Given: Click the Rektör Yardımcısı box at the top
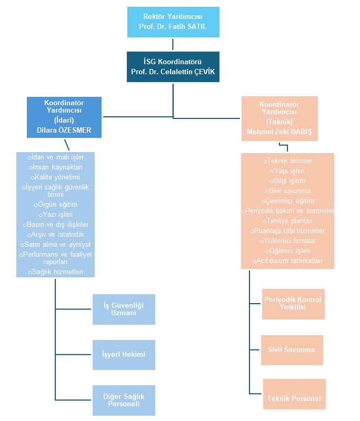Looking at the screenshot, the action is click(173, 22).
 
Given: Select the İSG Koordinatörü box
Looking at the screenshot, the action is click(173, 67).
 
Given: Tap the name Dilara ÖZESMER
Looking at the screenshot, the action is click(64, 130).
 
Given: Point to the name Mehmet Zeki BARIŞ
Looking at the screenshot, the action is click(279, 132).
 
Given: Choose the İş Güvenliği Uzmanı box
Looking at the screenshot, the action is click(124, 309).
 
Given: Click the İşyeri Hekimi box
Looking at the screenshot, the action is click(124, 355).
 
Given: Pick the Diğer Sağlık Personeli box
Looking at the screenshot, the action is click(124, 400).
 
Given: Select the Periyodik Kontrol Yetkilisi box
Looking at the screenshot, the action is click(293, 304).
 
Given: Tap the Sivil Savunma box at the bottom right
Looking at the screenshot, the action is click(292, 350).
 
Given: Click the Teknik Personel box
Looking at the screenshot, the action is click(294, 394).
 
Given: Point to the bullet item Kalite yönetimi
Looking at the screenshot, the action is click(55, 177).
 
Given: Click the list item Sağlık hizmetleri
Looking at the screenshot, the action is click(56, 272).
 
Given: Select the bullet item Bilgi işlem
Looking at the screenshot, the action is click(287, 181).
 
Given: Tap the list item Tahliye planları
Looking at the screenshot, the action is click(287, 221).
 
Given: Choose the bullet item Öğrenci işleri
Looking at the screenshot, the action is click(287, 251).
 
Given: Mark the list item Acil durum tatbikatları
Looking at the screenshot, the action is click(287, 260).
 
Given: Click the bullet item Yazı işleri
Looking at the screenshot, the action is click(56, 215).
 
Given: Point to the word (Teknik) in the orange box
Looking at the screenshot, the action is click(279, 122).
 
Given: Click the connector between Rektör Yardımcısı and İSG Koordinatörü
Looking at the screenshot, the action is click(173, 45).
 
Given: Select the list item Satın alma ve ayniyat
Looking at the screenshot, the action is click(56, 245).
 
